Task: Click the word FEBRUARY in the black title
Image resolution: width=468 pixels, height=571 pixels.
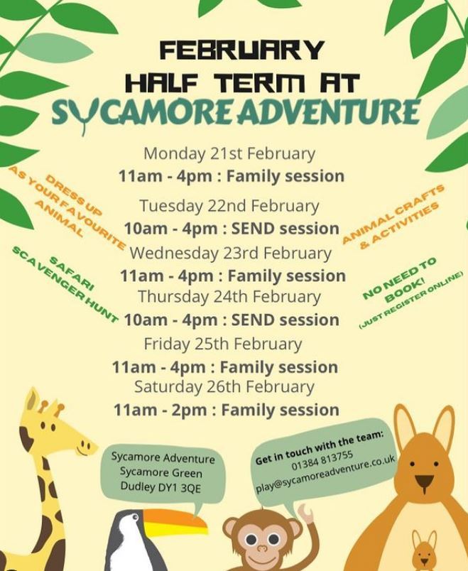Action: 242,50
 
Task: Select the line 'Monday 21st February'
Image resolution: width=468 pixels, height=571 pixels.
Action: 229,153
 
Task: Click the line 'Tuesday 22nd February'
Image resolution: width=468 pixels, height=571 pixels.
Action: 229,206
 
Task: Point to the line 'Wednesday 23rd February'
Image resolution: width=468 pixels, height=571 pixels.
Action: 231,253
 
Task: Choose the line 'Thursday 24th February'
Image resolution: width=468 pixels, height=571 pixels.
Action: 229,296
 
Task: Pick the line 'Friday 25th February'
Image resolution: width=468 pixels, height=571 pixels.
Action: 223,344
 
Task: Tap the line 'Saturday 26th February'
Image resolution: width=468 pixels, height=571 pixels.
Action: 224,387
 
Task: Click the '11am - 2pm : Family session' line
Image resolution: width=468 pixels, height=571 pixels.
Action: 226,410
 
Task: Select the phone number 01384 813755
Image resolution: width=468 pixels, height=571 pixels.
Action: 322,460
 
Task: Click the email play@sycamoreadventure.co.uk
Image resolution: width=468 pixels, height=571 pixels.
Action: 325,474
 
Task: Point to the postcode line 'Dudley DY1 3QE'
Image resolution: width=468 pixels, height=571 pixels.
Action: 160,487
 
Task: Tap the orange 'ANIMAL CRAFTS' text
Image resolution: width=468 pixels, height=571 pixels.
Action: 393,214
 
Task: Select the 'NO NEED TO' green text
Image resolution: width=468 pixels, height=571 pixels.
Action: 400,278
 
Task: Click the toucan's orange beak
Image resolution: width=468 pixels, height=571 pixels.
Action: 175,523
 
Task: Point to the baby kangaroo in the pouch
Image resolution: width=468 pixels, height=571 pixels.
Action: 424,550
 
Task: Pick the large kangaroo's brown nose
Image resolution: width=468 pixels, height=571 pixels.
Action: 424,482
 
